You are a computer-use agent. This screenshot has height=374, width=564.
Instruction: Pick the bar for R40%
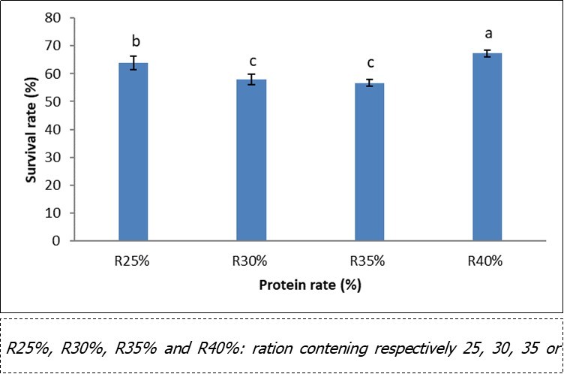coord(487,147)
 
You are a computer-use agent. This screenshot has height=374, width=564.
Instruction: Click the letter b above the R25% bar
coord(133,42)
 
